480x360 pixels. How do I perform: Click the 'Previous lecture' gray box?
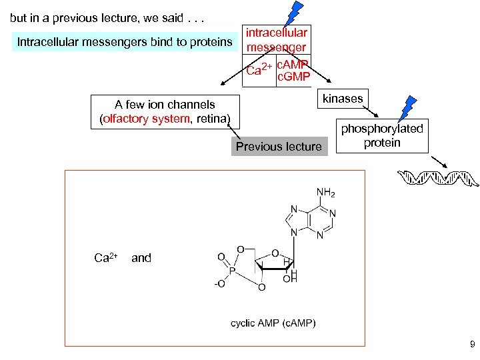coord(279,147)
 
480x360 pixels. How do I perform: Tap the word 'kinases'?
coord(343,99)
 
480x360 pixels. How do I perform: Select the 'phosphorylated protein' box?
coord(382,136)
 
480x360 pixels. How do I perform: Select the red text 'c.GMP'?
coord(293,77)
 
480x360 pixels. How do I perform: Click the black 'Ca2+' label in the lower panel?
coord(105,257)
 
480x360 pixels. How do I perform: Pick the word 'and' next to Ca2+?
coord(141,257)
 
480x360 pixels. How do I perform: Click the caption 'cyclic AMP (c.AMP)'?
coord(273,323)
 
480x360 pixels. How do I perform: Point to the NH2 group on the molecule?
coord(326,193)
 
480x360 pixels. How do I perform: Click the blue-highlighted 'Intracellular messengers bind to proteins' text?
coord(125,43)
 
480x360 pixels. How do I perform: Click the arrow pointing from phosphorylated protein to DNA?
coord(437,162)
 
